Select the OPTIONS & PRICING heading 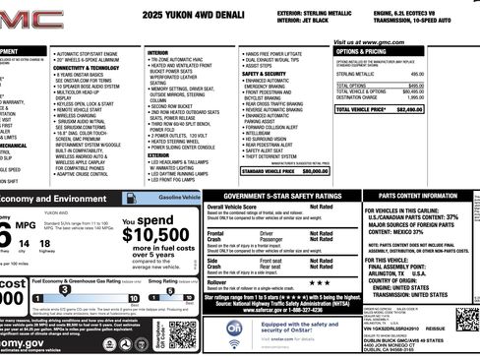coord(366,52)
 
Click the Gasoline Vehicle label coord(180,198)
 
